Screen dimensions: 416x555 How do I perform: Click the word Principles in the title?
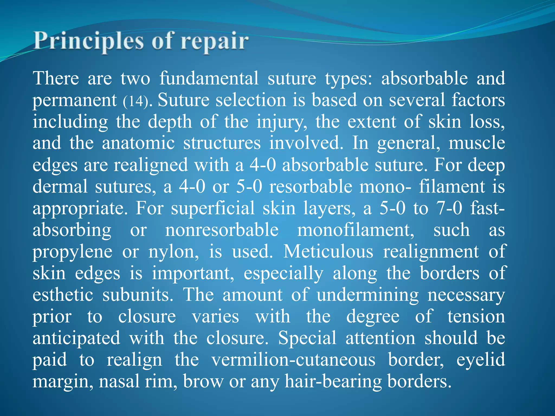(x=88, y=41)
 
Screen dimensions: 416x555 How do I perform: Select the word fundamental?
(x=209, y=78)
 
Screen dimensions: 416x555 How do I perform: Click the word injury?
(x=280, y=122)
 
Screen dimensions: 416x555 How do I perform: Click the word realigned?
(x=151, y=165)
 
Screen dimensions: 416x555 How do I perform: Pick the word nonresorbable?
(x=222, y=230)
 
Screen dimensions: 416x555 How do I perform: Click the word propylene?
(x=72, y=252)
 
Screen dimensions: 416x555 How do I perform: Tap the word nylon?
(x=173, y=252)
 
